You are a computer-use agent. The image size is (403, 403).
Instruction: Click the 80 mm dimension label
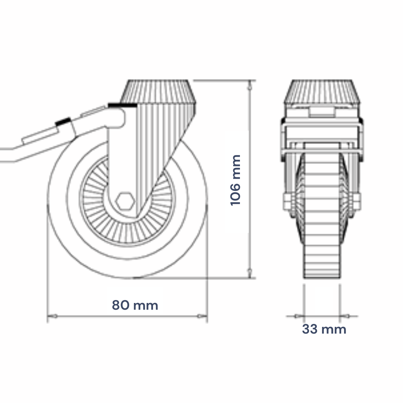click(135, 305)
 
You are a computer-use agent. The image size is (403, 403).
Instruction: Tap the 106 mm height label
click(235, 180)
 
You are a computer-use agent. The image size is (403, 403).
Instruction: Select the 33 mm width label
click(324, 329)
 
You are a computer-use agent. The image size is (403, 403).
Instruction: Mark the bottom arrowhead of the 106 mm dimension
click(249, 273)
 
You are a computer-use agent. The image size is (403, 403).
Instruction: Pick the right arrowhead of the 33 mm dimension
click(344, 316)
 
